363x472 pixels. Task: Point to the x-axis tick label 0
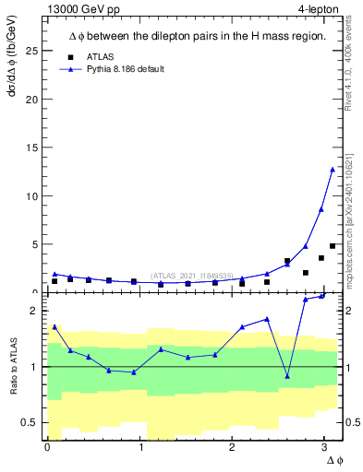[47, 448]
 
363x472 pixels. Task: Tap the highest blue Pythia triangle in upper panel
[333, 169]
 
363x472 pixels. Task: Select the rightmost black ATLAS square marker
[333, 246]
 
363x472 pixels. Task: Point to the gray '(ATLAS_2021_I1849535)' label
[191, 275]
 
